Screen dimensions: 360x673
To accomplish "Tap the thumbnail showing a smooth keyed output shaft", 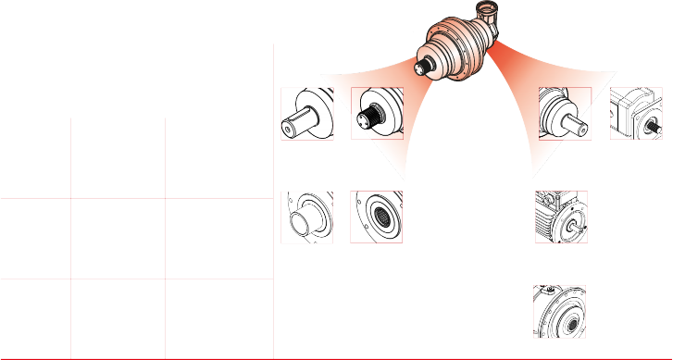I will (x=307, y=114).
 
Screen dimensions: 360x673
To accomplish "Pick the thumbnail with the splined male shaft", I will (x=378, y=114).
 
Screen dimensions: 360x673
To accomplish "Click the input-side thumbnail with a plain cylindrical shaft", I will (x=564, y=114).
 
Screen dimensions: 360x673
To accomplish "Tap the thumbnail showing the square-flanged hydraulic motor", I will (x=636, y=114).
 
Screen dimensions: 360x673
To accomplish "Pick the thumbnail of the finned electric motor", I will (x=561, y=217).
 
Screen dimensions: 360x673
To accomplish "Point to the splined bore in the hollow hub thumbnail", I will (x=381, y=219).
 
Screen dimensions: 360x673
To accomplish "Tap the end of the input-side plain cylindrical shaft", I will (x=583, y=129).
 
